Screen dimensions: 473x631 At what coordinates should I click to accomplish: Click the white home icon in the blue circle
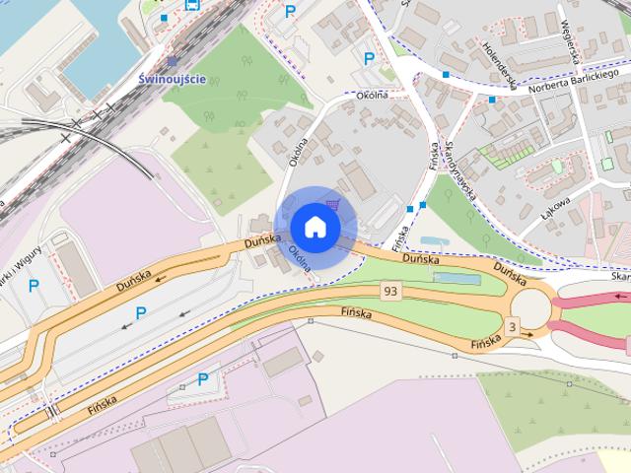point(315,227)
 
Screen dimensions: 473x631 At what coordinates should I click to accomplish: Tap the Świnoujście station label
point(173,80)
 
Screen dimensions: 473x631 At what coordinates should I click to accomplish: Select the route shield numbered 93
point(391,291)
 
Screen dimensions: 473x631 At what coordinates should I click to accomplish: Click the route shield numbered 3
point(511,326)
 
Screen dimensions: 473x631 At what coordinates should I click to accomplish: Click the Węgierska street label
point(570,39)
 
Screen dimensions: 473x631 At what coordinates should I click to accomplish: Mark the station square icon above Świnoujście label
point(173,61)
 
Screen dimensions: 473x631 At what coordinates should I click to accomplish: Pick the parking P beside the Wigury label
point(34,287)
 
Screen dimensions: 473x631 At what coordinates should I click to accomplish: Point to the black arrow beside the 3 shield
point(527,335)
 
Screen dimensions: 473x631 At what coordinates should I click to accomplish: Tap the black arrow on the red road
point(620,295)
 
